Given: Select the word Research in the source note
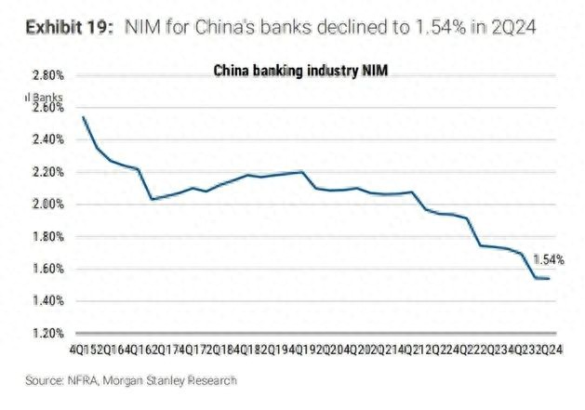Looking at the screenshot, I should coord(213,379).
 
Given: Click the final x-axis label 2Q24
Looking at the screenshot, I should coord(548,350).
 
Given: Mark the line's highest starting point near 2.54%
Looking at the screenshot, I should coord(84,117).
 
